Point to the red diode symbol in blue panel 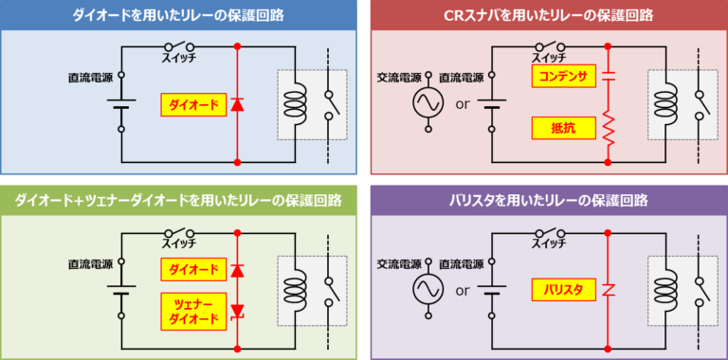click(237, 104)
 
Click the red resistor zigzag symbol click(607, 126)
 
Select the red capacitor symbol click(607, 77)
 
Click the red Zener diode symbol click(237, 310)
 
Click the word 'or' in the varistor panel click(463, 290)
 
